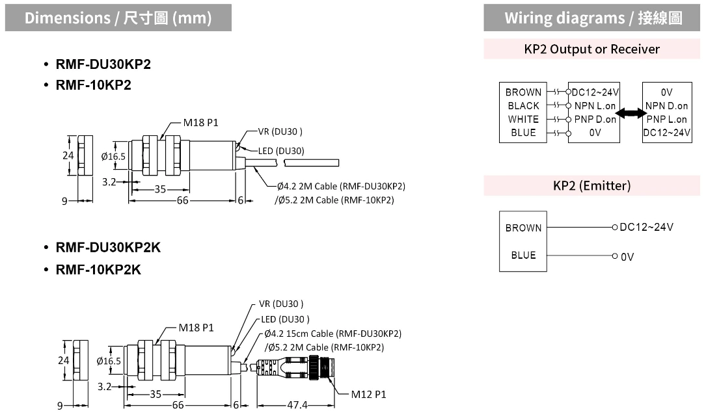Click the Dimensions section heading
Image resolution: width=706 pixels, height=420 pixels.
[x=118, y=18]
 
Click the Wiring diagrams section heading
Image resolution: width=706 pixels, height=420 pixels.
[x=593, y=18]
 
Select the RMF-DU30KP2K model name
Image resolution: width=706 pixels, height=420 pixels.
[x=108, y=247]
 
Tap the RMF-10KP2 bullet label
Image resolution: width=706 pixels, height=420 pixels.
[x=93, y=85]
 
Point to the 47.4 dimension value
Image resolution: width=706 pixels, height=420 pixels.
[x=297, y=404]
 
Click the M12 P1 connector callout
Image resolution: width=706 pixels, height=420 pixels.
[x=368, y=395]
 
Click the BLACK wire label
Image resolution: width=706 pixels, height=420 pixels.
[x=523, y=106]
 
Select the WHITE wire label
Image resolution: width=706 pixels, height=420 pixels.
[x=523, y=119]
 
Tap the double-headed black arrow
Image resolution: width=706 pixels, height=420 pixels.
[x=631, y=113]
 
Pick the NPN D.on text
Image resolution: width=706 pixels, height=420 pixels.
[x=666, y=106]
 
